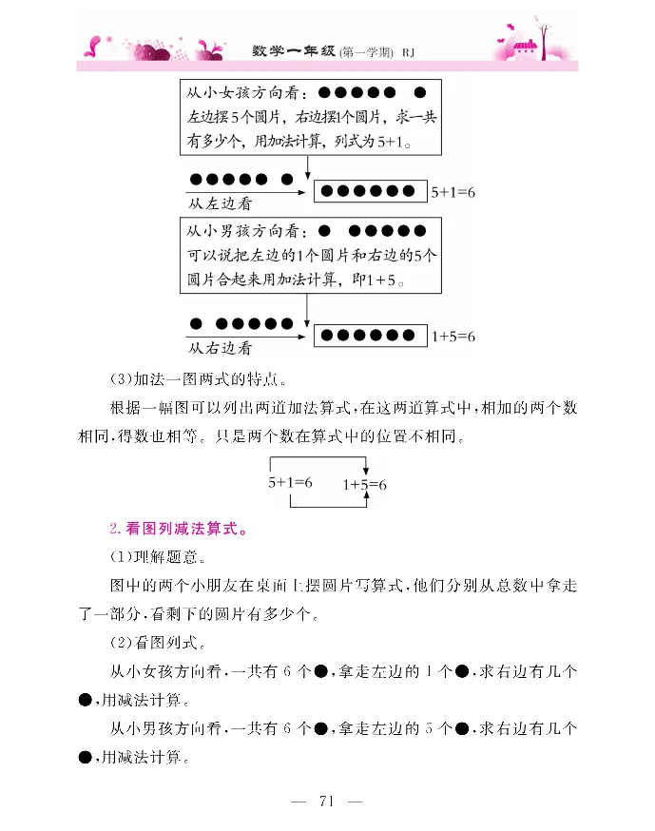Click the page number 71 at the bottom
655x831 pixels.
pos(328,801)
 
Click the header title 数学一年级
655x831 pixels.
pos(296,50)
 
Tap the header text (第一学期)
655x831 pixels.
pos(367,51)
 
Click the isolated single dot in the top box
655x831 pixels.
pos(421,93)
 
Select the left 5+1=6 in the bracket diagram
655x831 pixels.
pos(290,482)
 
